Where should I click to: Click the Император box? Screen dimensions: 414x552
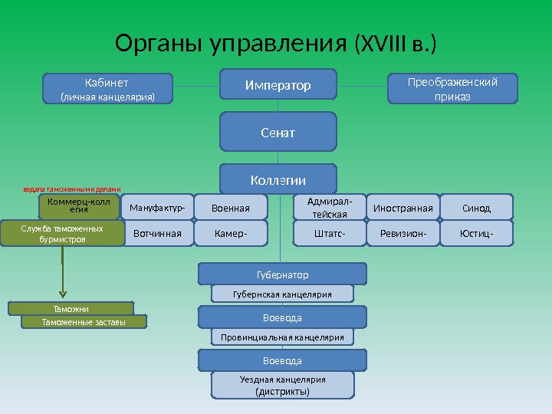tap(278, 85)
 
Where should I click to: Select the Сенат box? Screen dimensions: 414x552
tap(278, 132)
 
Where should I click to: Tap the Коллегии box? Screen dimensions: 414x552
tap(278, 179)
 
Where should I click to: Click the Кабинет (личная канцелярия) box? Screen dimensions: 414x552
tap(107, 88)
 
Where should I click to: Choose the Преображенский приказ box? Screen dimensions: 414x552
tap(452, 88)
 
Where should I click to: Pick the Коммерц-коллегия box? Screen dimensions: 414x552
tap(80, 205)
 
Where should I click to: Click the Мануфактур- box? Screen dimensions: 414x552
tap(157, 207)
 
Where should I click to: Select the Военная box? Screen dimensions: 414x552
tap(231, 207)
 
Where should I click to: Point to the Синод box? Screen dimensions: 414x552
tap(477, 207)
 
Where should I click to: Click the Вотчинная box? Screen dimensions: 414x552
tap(157, 234)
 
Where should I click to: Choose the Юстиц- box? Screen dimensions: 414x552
tap(477, 234)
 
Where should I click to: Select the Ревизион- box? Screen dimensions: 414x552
tap(403, 234)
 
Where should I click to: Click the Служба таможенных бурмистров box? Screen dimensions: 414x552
tap(62, 234)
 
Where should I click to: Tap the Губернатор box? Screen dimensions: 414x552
tap(283, 274)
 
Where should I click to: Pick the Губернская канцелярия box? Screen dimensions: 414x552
tap(283, 294)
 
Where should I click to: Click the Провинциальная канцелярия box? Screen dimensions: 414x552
tap(283, 337)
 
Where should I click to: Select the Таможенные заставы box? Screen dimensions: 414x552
tap(84, 323)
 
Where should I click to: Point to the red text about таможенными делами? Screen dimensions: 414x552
tap(72, 189)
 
